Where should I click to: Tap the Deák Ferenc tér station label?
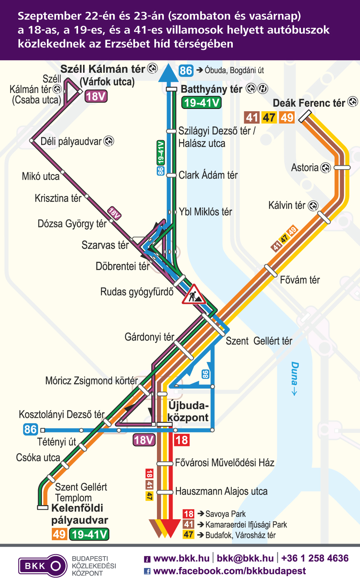(309, 103)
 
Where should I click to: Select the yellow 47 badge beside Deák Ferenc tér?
(269, 117)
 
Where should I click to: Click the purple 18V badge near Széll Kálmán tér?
(96, 96)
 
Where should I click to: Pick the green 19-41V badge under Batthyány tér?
(202, 102)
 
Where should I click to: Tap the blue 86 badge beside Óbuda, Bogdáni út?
(186, 70)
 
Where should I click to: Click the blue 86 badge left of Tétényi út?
(30, 430)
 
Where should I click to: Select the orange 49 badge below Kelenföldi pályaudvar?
(59, 534)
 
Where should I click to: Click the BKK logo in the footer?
(43, 566)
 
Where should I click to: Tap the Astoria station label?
(305, 168)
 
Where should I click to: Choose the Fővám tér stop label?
(300, 280)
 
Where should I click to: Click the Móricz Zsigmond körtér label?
(91, 381)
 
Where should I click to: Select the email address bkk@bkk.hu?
(245, 558)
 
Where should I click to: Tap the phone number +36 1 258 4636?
(315, 558)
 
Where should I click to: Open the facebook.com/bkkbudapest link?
(229, 571)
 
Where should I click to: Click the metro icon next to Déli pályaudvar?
(109, 141)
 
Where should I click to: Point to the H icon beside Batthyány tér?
(263, 89)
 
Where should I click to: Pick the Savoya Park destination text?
(226, 514)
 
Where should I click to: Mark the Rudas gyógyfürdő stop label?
(137, 292)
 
